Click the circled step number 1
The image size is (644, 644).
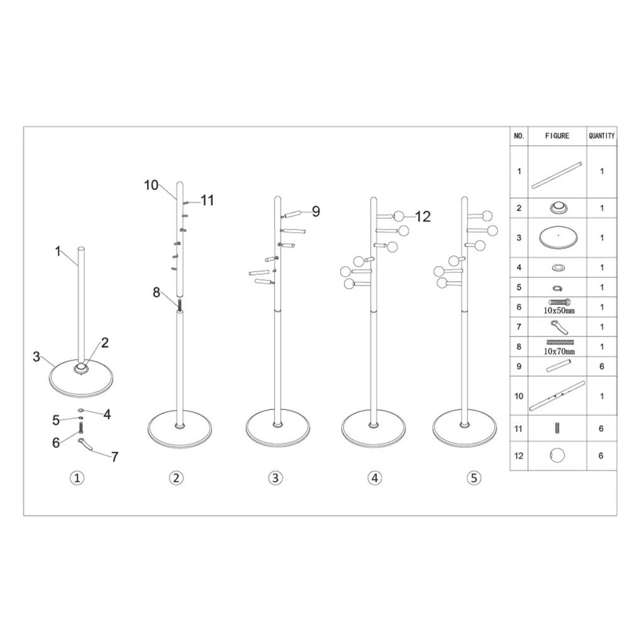point(77,478)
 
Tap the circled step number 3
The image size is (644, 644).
point(275,478)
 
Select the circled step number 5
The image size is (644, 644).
point(474,478)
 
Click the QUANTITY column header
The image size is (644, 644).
point(602,136)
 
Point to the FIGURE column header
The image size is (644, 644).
point(557,136)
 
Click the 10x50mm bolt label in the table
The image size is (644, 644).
point(559,311)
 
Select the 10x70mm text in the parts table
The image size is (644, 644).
point(559,351)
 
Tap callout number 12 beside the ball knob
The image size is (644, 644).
point(423,216)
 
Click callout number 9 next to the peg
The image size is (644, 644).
point(316,211)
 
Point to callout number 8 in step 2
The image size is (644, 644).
point(157,292)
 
